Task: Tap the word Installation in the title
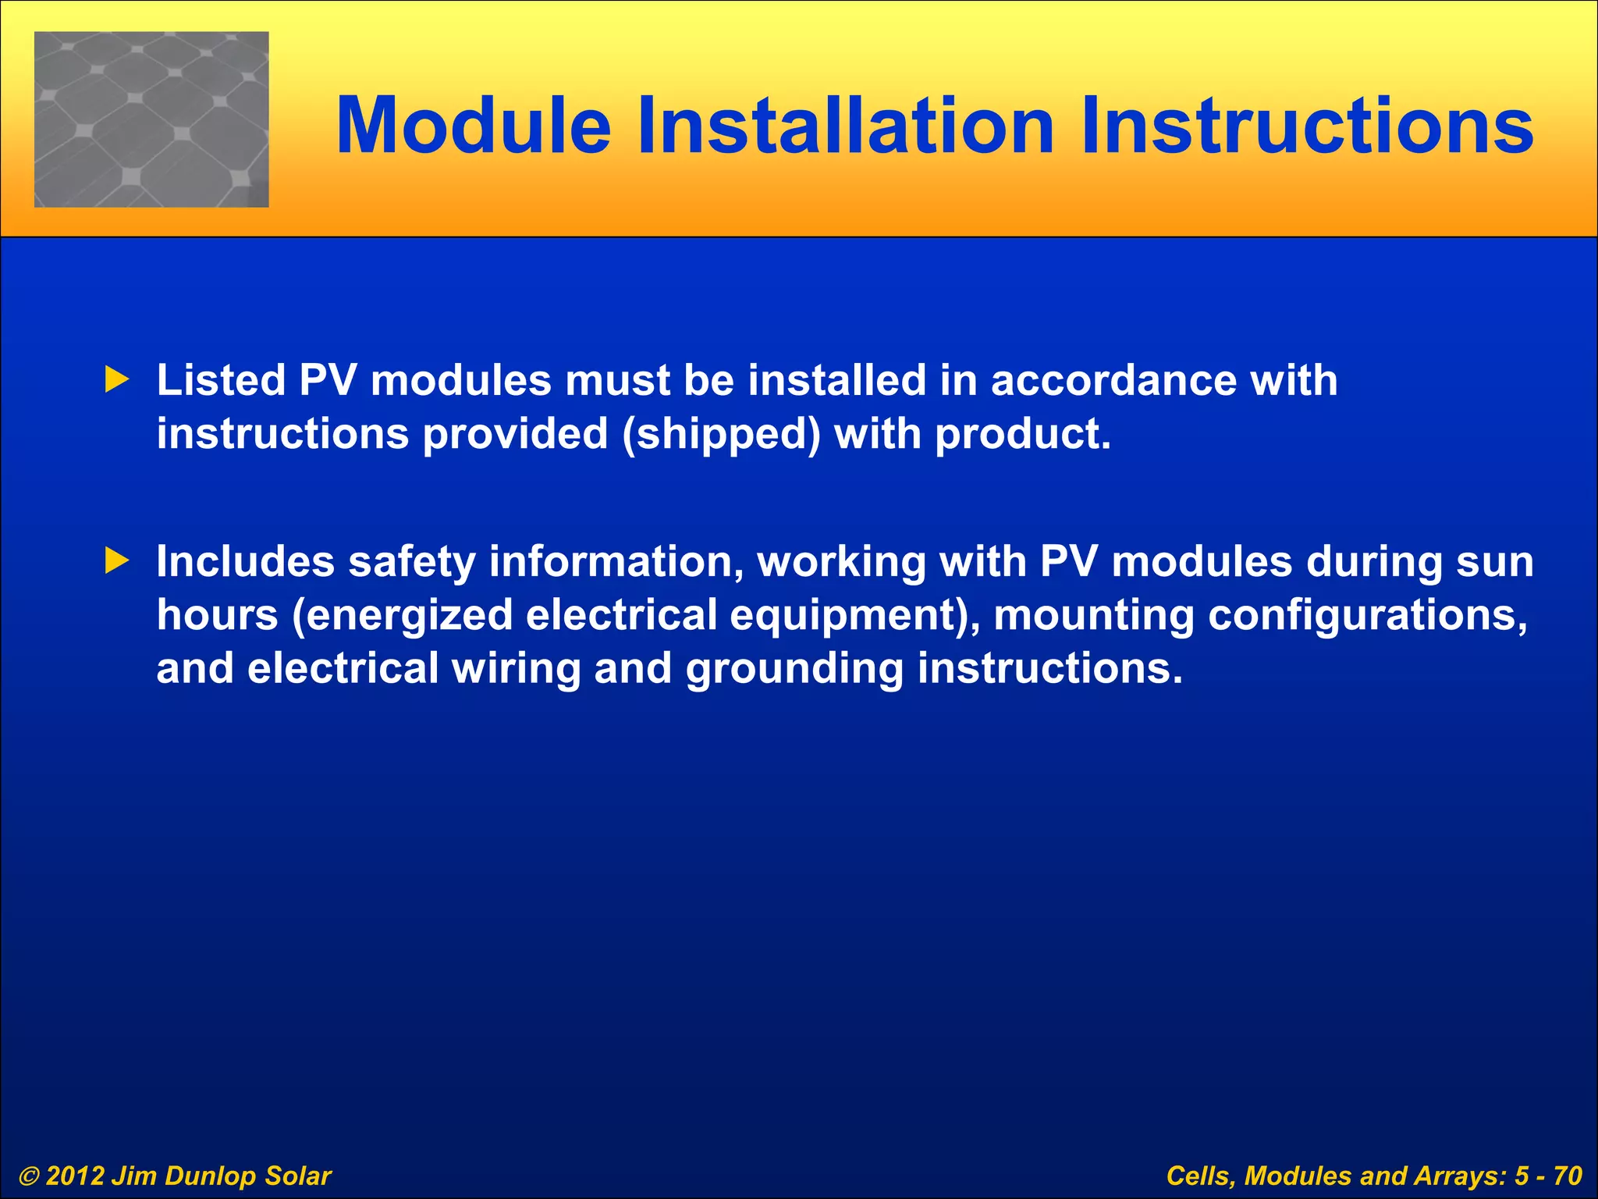(846, 126)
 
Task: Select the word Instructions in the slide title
(1308, 126)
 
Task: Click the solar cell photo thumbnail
(151, 119)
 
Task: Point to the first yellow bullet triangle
(116, 381)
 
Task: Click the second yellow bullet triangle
(116, 561)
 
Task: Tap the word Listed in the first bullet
(221, 381)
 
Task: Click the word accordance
(1113, 381)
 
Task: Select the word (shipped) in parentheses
(722, 434)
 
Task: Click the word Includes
(245, 561)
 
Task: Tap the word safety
(411, 563)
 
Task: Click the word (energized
(402, 616)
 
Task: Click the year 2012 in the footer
(76, 1176)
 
